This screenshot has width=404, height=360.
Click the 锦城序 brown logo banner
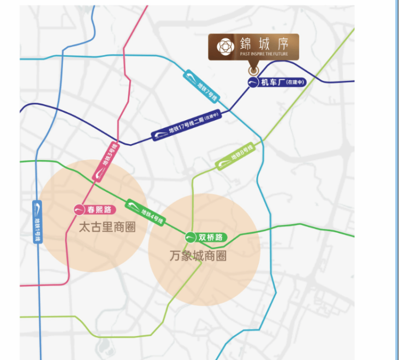[x=253, y=47]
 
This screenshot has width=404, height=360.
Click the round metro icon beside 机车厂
[x=253, y=83]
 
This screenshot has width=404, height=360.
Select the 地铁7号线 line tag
[x=201, y=85]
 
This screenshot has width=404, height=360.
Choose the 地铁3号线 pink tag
[x=107, y=161]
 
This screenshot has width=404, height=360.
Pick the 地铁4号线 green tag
[x=145, y=211]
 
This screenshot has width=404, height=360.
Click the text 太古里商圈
[x=107, y=228]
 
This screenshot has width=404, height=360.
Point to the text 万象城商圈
[x=198, y=256]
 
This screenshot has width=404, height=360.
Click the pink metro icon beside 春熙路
[x=79, y=209]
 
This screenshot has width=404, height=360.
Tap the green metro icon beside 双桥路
[x=191, y=237]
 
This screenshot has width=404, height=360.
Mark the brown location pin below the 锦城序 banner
[x=253, y=70]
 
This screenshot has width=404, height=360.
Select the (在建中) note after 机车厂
[x=294, y=83]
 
